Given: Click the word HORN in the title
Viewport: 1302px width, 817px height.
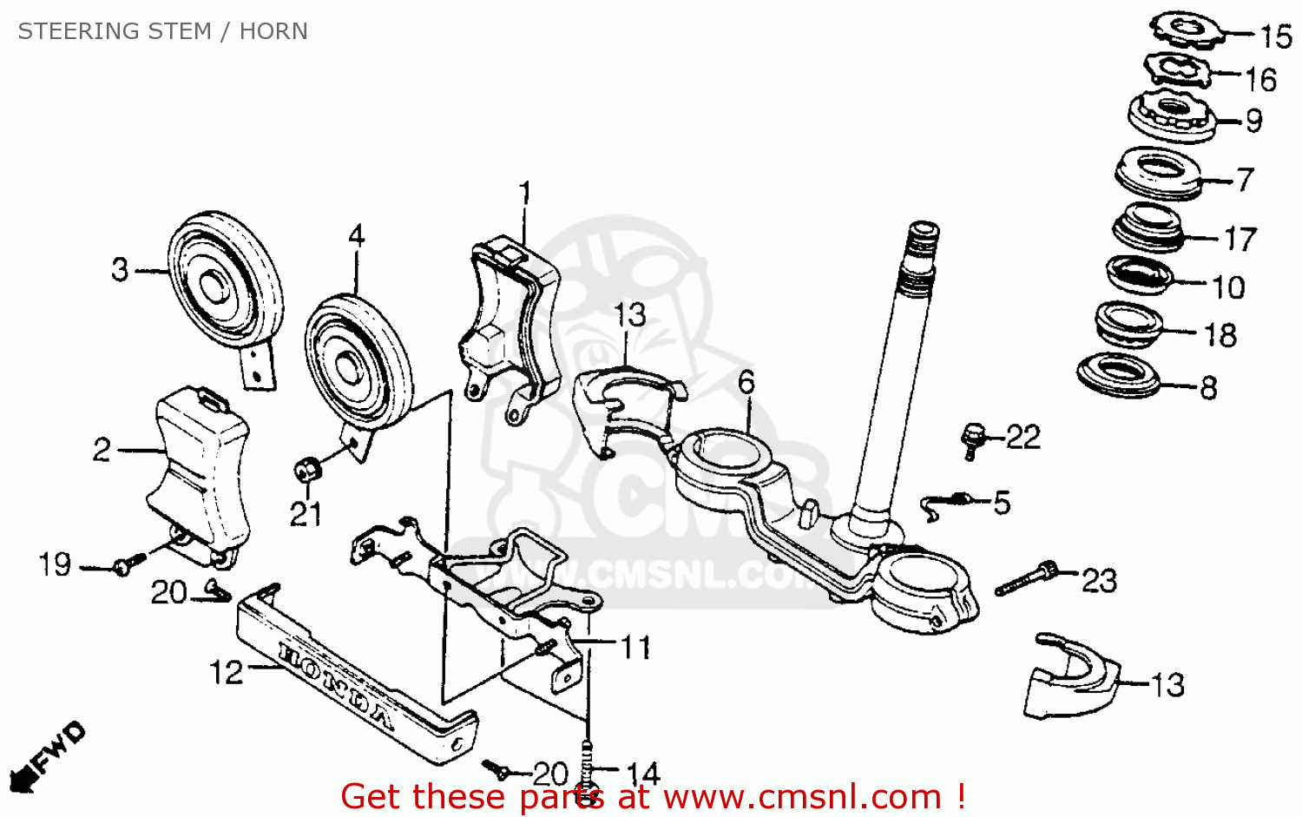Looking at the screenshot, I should click(x=273, y=31).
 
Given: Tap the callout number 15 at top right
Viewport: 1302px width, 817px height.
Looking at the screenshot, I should click(x=1276, y=36).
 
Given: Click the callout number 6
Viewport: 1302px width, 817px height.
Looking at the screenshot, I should click(x=746, y=382).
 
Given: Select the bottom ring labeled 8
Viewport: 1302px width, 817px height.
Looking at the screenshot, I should click(x=1121, y=376).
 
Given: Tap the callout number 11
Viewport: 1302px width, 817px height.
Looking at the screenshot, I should click(x=635, y=647).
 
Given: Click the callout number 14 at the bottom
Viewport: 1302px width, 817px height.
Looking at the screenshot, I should click(x=643, y=774).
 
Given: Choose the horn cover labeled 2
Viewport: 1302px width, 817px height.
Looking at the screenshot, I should click(x=200, y=469).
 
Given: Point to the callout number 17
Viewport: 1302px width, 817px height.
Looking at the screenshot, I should click(x=1240, y=239).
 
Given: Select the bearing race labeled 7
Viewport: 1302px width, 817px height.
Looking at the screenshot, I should click(x=1159, y=174).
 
